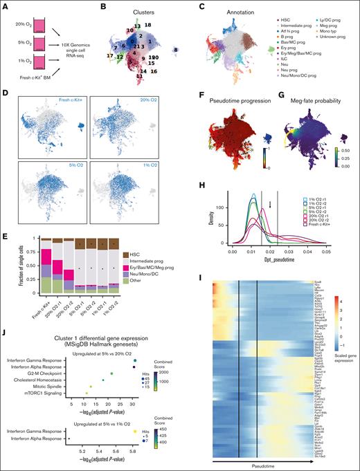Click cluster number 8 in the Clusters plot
[x=176, y=50]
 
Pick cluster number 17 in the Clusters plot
[x=111, y=55]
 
